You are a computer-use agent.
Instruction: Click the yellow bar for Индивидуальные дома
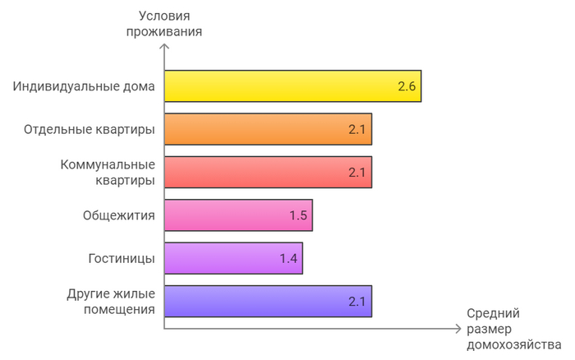pos(292,86)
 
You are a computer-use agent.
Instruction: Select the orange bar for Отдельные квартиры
pos(268,129)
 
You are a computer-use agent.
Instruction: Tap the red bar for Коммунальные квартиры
pos(268,173)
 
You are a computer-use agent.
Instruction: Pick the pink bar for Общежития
pos(238,215)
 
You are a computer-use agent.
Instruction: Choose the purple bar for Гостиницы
pos(233,258)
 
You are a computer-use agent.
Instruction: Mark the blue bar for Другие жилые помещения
pos(268,301)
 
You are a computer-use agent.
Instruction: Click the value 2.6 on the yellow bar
pos(407,86)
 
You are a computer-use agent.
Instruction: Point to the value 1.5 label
pos(297,215)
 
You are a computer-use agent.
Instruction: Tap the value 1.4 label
pos(287,258)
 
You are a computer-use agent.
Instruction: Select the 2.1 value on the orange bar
pos(356,129)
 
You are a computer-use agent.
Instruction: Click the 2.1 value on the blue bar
pos(356,301)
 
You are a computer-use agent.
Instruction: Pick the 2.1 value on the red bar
pos(356,173)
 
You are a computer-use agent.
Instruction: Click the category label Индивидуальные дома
pos(84,86)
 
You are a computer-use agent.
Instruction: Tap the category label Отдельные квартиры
pos(90,129)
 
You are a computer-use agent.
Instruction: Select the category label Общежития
pos(119,215)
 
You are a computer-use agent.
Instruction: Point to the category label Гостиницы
pos(122,258)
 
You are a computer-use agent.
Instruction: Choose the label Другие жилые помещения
pos(111,301)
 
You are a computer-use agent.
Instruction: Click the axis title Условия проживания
pos(165,22)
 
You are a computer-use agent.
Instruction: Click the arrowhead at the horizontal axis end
pos(458,328)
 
